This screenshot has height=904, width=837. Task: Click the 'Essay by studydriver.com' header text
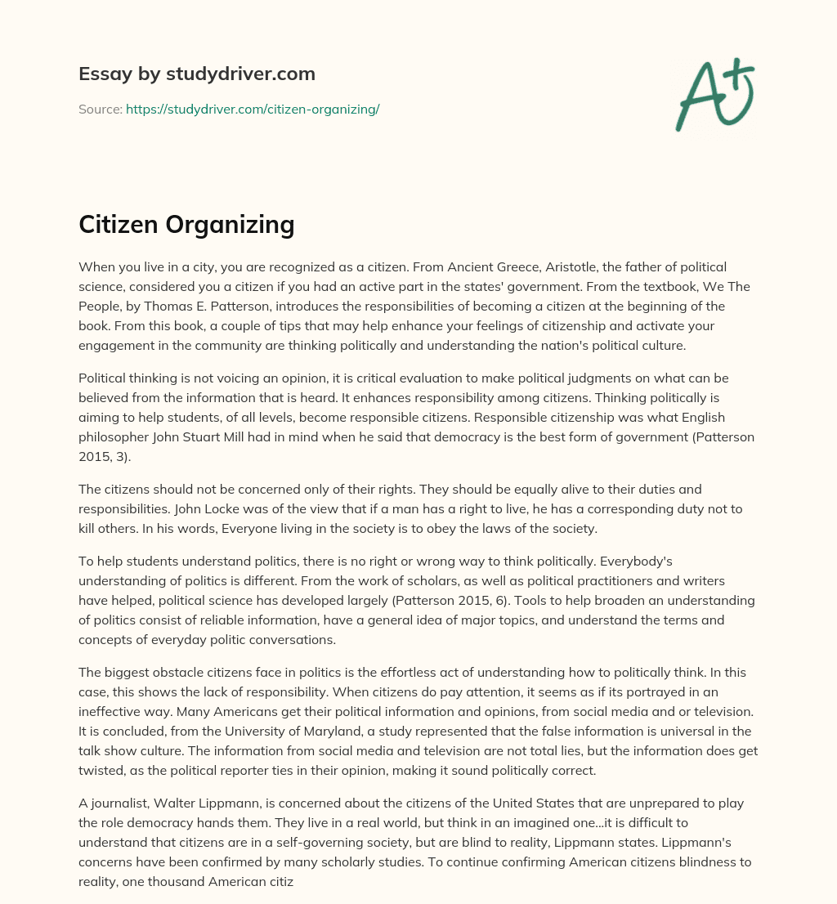point(196,74)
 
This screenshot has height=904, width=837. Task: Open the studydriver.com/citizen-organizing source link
point(253,109)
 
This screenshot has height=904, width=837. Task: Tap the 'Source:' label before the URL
point(100,109)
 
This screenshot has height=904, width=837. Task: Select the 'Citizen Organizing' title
point(186,223)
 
